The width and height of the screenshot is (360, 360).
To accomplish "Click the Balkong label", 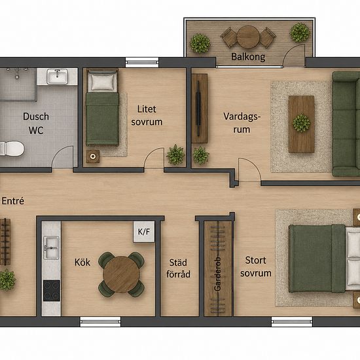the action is coord(248,57).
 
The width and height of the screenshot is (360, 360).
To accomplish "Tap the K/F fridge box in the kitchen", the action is coord(144,232).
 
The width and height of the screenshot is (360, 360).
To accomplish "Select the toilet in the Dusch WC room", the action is coord(12,149).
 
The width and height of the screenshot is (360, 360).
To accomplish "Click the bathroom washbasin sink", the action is coord(58,77).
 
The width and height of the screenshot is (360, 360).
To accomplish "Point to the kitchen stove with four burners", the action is coord(52,291).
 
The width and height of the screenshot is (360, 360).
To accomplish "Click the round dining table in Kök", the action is coord(121,274).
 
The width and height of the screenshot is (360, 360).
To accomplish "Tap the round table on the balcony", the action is coord(248,37).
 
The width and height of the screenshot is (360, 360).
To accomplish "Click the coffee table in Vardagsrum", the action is coord(301,124).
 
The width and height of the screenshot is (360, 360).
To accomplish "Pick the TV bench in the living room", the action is coord(200,109).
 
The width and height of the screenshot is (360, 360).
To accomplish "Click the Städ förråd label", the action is coord(179,268).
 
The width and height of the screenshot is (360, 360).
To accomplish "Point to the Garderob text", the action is coord(217,274).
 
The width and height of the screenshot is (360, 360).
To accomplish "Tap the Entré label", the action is coord(13,201).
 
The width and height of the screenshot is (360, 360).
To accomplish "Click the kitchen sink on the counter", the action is coord(51,247).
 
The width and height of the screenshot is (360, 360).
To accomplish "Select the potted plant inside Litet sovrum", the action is coord(175,154).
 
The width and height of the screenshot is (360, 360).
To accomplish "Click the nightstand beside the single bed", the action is coord(93,156).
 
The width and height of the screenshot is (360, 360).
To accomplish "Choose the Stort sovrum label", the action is coord(256,267).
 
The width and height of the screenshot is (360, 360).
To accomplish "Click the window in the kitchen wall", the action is coord(100,321).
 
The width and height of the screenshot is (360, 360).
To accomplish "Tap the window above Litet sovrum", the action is coord(142,62).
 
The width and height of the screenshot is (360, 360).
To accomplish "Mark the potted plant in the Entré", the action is coord(7,280).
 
